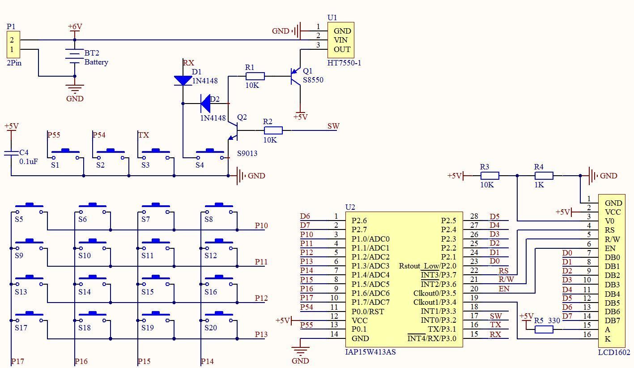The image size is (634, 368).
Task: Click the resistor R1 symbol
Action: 255,76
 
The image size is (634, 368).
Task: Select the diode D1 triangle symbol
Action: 183,81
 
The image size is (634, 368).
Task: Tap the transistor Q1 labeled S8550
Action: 296,76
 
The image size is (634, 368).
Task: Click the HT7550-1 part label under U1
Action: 344,63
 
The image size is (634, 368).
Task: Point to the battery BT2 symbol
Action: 75,57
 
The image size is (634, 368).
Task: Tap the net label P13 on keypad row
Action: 261,334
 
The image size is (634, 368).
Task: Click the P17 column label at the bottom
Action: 17,361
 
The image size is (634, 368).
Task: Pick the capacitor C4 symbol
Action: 11,153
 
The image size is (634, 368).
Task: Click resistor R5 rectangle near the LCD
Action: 544,329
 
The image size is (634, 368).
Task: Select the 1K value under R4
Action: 539,185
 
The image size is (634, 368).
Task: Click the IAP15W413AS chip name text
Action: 370,352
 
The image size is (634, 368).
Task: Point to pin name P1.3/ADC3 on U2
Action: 370,266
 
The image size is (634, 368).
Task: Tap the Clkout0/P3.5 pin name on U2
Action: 434,293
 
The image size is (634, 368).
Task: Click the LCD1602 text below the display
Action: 614,352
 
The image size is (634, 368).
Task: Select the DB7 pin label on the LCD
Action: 612,320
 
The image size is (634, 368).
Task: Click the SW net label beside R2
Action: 333,126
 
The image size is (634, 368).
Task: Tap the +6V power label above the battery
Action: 75,26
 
